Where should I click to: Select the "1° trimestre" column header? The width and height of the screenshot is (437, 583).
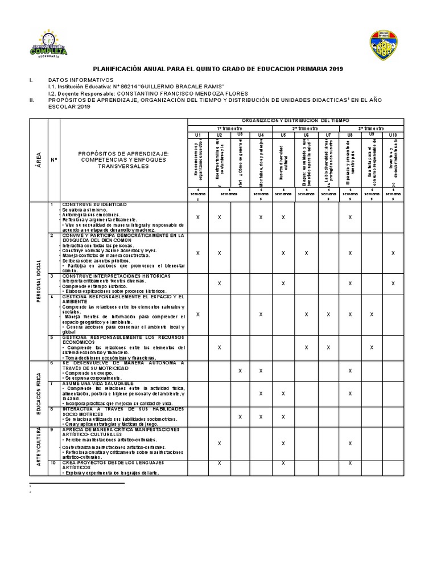coord(228,129)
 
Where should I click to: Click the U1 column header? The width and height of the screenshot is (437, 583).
coord(197,135)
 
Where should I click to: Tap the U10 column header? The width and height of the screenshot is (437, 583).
coord(393,135)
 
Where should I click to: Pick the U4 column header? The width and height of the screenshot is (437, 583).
coord(261,135)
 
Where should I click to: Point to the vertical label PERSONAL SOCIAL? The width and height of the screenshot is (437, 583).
coord(38,281)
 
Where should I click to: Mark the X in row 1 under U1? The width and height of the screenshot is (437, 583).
coord(197,217)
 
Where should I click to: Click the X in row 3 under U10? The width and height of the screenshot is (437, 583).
coord(393,283)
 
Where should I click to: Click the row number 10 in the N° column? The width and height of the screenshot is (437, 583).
coord(53,463)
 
